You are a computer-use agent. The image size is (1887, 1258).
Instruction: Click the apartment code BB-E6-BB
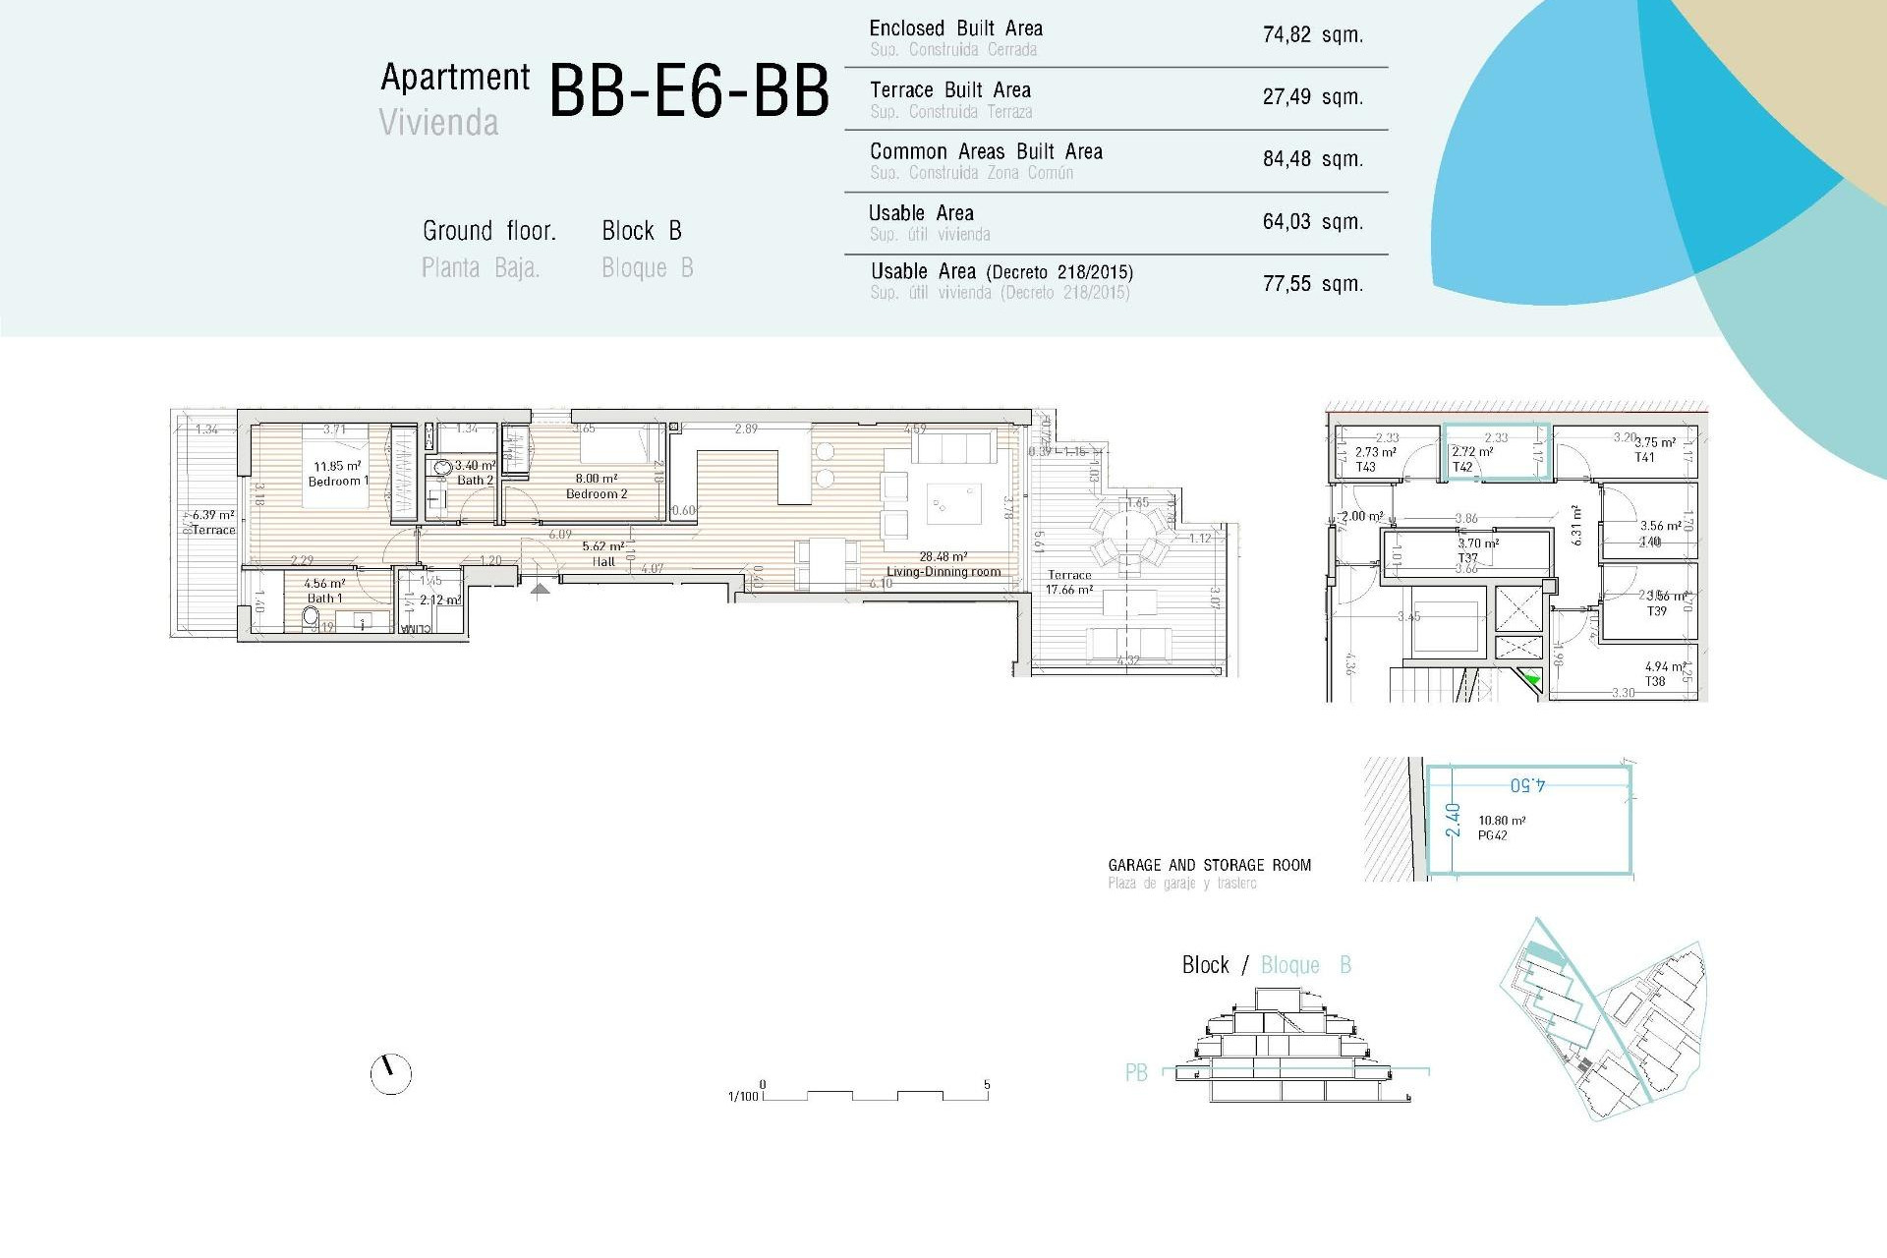pyautogui.click(x=688, y=91)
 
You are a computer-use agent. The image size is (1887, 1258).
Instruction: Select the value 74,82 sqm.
pyautogui.click(x=1312, y=35)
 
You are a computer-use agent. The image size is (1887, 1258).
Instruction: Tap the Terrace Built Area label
pyautogui.click(x=949, y=90)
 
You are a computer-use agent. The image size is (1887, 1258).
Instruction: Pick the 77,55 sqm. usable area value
pyautogui.click(x=1312, y=284)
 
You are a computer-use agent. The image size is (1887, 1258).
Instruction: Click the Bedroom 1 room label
pyautogui.click(x=338, y=481)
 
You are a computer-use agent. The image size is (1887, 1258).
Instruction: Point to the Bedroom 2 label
pyautogui.click(x=596, y=493)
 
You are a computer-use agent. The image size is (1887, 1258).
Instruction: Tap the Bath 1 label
pyautogui.click(x=324, y=598)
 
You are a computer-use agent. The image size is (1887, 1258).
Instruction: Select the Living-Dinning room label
pyautogui.click(x=943, y=571)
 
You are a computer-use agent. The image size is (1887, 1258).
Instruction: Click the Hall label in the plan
pyautogui.click(x=603, y=562)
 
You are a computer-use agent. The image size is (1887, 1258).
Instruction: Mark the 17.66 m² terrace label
pyautogui.click(x=1069, y=590)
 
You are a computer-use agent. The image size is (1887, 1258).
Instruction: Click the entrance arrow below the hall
pyautogui.click(x=540, y=590)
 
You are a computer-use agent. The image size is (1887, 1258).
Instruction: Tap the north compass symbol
pyautogui.click(x=390, y=1074)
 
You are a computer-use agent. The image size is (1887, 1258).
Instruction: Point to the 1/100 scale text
pyautogui.click(x=743, y=1096)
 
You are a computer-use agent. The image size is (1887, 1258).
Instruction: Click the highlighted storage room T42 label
pyautogui.click(x=1462, y=467)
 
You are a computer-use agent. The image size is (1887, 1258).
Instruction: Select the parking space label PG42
pyautogui.click(x=1492, y=835)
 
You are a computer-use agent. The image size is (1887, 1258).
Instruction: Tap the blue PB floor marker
pyautogui.click(x=1136, y=1072)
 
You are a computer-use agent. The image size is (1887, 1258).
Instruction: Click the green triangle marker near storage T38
pyautogui.click(x=1532, y=678)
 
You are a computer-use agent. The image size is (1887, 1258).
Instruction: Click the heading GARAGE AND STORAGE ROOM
pyautogui.click(x=1209, y=865)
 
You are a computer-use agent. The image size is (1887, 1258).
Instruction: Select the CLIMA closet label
pyautogui.click(x=415, y=629)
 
